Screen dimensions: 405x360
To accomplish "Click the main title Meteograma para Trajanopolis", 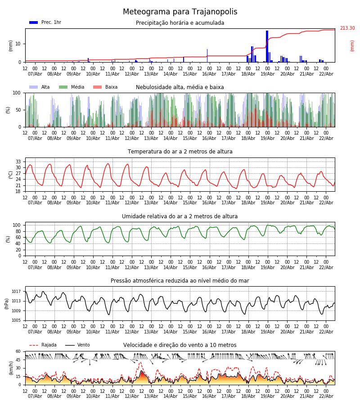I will (180, 12).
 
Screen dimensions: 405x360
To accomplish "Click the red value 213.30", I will (347, 28).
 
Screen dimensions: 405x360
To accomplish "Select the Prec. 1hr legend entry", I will (45, 22).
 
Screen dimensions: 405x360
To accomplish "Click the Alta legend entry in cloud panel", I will (40, 87).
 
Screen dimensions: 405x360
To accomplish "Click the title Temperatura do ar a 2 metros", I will (180, 152).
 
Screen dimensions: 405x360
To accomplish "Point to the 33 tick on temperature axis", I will (18, 162).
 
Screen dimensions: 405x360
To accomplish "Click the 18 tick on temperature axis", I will (18, 191).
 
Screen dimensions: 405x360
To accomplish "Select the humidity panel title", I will (180, 216).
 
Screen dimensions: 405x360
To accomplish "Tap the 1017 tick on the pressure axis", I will (16, 292).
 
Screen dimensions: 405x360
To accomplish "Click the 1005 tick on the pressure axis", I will (16, 320).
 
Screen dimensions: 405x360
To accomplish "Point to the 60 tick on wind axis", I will (18, 351).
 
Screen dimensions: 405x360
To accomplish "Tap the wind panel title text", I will (180, 345).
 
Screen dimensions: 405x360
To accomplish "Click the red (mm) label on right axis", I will (352, 45).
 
